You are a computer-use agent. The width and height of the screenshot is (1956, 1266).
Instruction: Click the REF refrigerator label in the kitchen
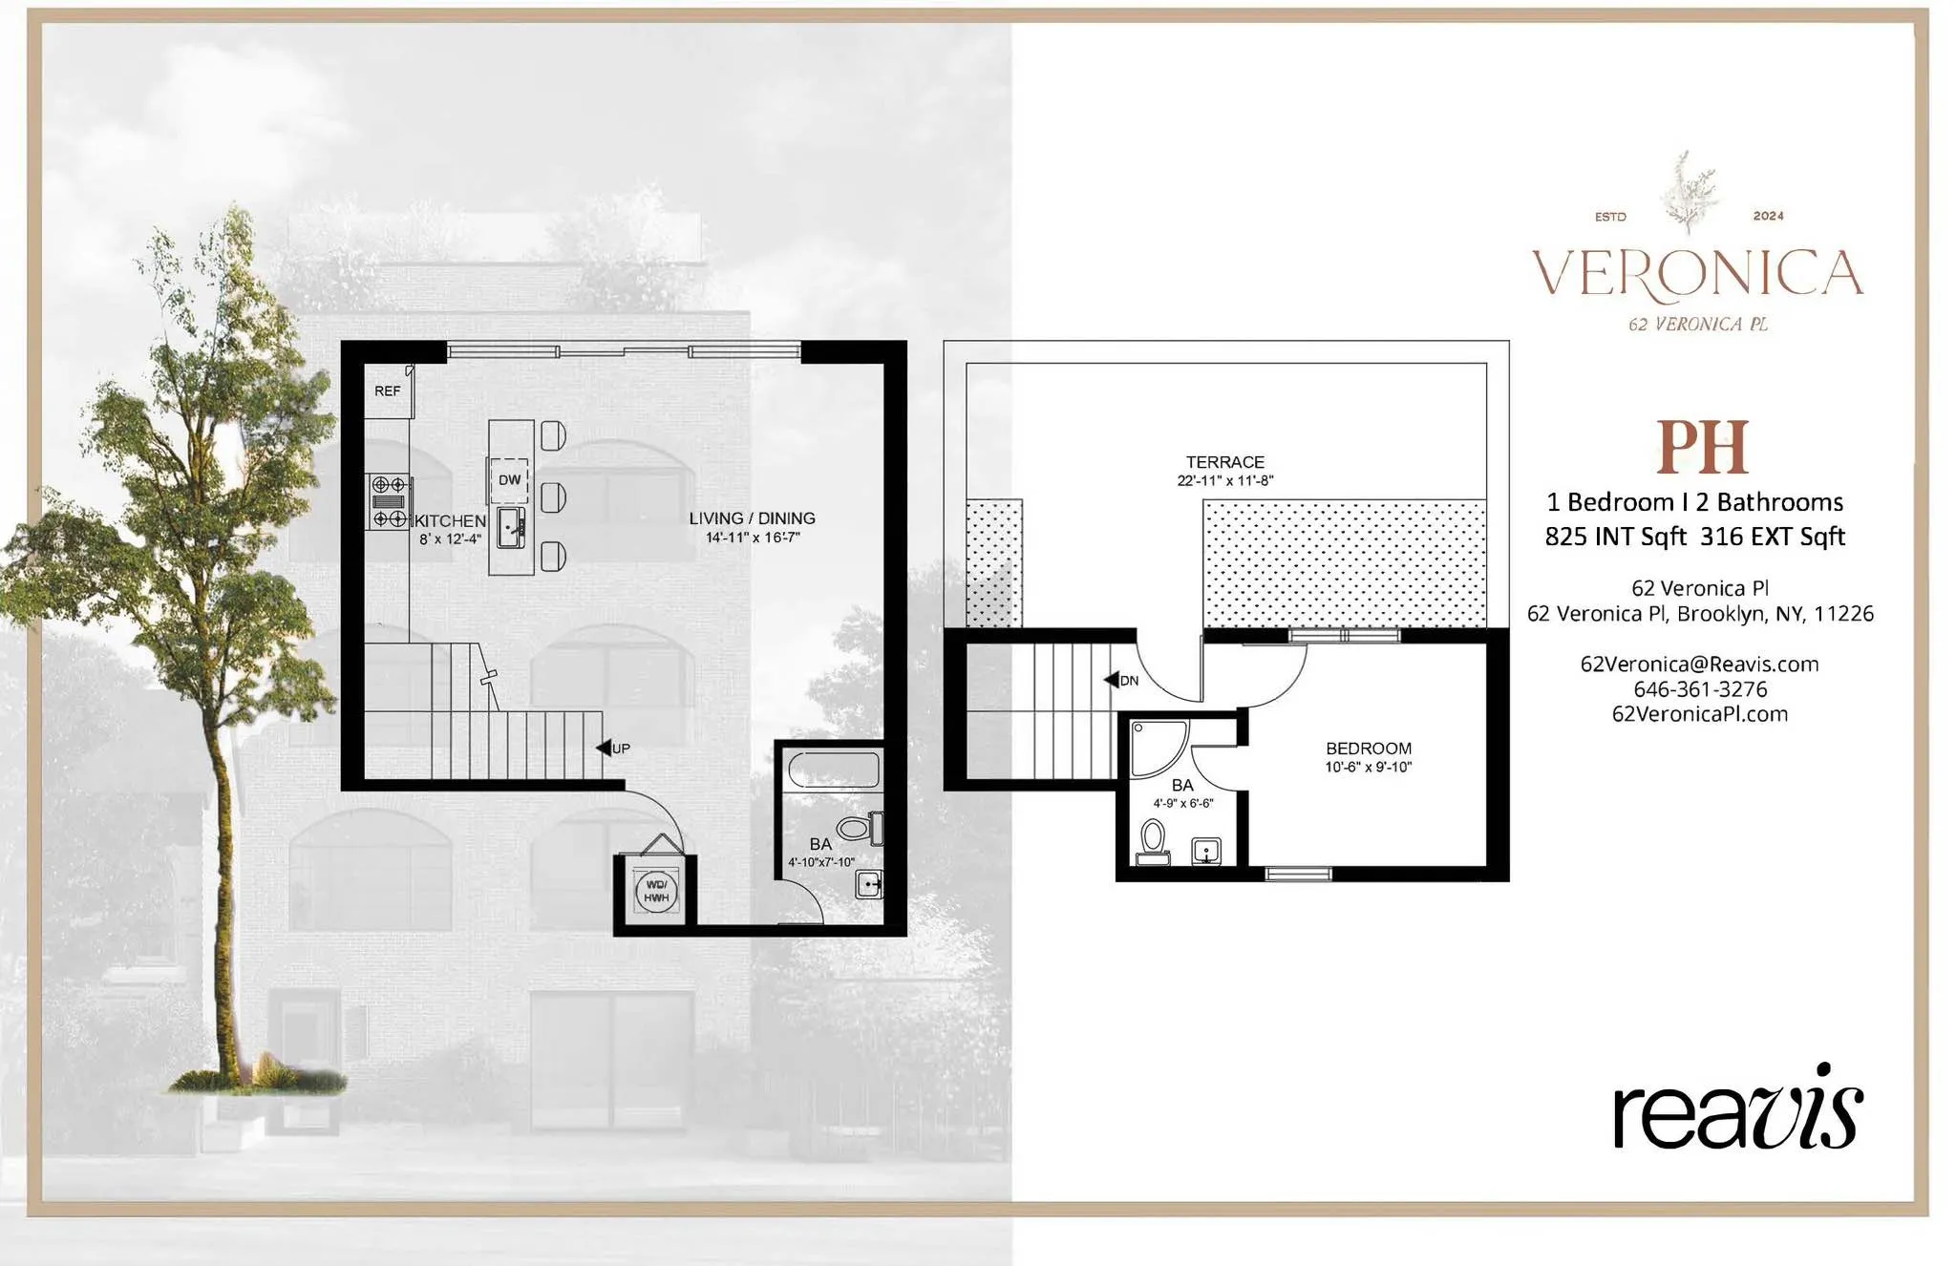tap(387, 391)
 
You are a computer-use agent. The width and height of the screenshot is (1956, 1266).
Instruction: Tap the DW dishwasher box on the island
tap(509, 480)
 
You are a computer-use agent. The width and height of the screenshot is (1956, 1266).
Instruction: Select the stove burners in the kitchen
tap(390, 501)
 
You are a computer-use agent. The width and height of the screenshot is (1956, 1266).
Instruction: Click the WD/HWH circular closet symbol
tap(656, 892)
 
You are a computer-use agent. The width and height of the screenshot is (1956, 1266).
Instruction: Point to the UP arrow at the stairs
tap(606, 748)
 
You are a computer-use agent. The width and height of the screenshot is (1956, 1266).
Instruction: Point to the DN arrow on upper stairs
tap(1113, 680)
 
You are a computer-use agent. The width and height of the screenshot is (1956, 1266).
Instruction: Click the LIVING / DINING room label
tap(752, 518)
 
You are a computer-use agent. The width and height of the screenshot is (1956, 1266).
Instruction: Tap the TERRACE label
tap(1224, 462)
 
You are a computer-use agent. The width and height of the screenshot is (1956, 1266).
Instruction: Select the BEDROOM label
tap(1368, 749)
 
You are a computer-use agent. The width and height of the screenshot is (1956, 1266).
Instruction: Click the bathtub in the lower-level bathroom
tap(833, 770)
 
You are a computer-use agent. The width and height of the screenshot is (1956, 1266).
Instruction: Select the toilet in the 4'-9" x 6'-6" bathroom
tap(1153, 840)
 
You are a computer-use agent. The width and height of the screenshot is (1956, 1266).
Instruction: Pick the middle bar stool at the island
tap(553, 497)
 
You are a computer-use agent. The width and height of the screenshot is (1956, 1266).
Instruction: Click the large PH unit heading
tap(1702, 447)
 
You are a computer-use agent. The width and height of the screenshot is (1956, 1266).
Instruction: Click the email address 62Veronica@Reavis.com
tap(1699, 665)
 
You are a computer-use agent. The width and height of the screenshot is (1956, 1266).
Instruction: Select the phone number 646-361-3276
tap(1699, 689)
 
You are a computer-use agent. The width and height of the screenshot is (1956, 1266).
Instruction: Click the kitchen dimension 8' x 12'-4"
tap(450, 539)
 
